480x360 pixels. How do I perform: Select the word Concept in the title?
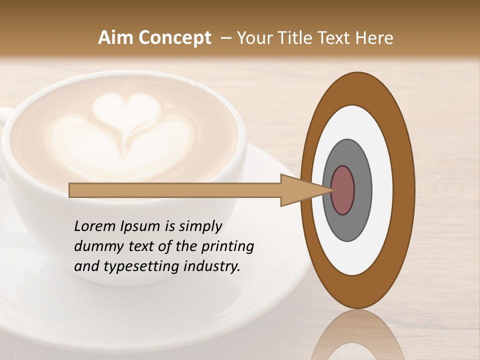(174, 38)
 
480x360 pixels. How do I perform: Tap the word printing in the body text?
(227, 247)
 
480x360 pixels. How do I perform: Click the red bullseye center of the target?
(342, 190)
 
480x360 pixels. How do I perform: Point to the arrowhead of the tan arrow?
(300, 190)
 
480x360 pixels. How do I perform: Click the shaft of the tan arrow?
(175, 190)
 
